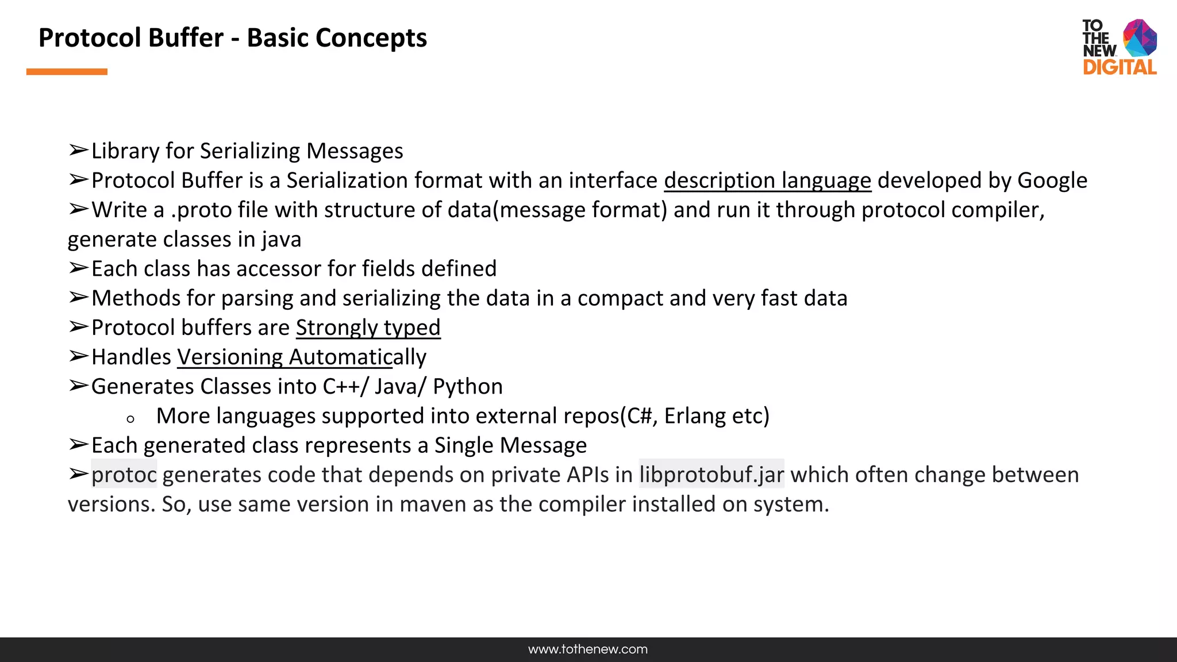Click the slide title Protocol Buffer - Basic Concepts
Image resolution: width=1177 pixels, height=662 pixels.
[x=232, y=38]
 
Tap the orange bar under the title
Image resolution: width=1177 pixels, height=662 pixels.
[x=67, y=72]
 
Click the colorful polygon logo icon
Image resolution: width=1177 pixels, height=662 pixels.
[x=1140, y=38]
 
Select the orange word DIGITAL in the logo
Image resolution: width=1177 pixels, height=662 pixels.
[x=1120, y=67]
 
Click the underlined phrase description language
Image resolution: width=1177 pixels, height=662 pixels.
[x=767, y=180]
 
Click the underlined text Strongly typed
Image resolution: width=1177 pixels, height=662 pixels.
[x=368, y=328]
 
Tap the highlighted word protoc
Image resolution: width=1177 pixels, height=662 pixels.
[x=124, y=475]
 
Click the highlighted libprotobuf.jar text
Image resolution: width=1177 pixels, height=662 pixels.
[x=711, y=475]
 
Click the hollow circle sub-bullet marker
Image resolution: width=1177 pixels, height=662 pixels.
[x=130, y=419]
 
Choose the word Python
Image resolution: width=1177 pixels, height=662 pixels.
[x=467, y=387]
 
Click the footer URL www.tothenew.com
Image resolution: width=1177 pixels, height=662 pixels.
[x=587, y=649]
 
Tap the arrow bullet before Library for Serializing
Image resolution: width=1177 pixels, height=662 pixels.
[x=78, y=151]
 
